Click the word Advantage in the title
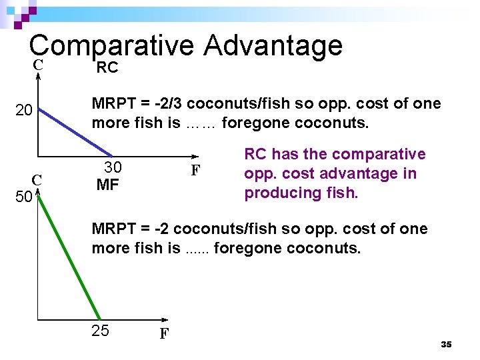273,46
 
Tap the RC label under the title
107,67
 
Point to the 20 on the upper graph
24,111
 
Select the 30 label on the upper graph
113,167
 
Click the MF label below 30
107,185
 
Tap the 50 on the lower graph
24,198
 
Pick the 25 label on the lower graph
100,330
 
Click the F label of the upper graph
195,170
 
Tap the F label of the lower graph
163,333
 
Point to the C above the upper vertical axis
39,65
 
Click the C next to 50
38,179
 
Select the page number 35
446,344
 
